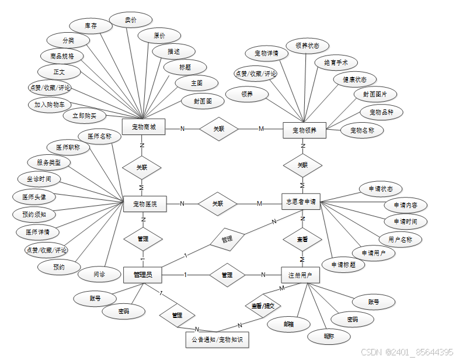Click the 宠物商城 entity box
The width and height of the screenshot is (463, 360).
pos(143,127)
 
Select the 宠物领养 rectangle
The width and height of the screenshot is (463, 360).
pos(304,130)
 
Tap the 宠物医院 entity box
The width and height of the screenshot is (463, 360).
pos(145,204)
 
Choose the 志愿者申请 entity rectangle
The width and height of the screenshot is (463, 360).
pos(301,202)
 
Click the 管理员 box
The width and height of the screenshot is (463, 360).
pos(142,274)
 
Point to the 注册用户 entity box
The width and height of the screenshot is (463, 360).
pos(300,275)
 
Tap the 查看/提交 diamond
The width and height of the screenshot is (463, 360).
pos(262,305)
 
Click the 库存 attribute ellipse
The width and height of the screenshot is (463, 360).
pos(90,26)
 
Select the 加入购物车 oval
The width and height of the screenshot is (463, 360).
pos(49,105)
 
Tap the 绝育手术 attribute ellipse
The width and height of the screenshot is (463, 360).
pos(332,62)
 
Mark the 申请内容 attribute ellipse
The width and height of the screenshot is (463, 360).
pos(405,205)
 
